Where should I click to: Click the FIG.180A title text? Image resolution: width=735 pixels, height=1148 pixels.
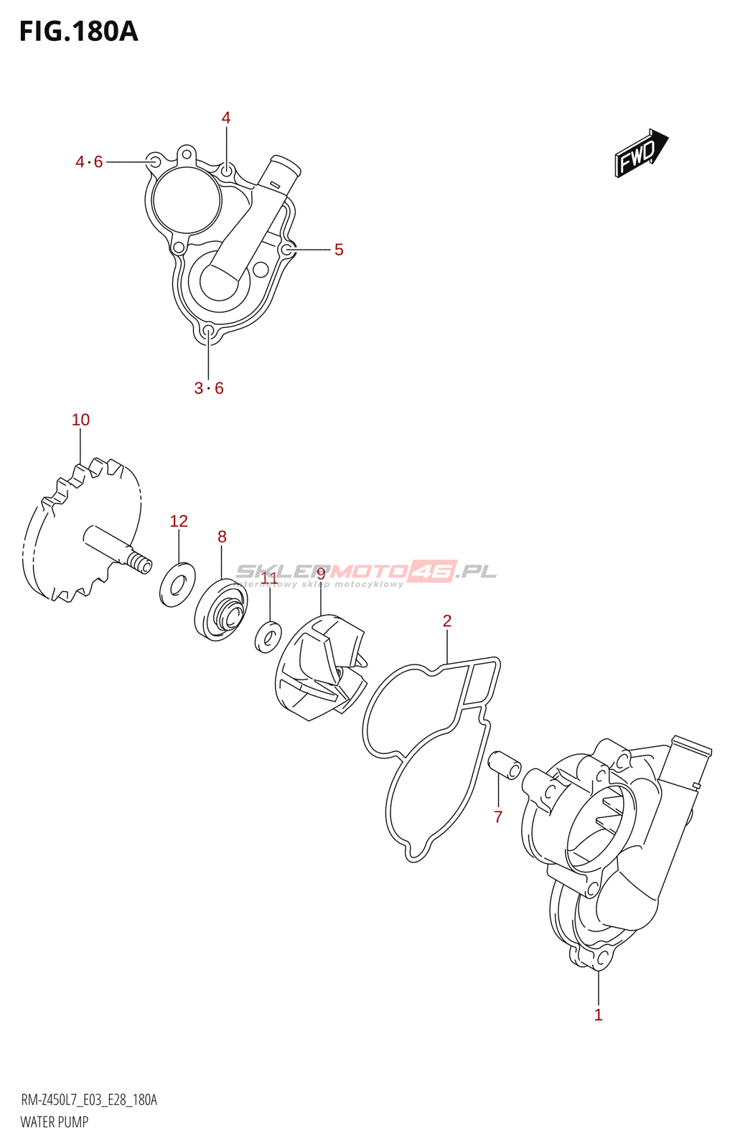(78, 32)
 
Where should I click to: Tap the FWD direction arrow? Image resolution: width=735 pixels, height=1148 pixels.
(641, 153)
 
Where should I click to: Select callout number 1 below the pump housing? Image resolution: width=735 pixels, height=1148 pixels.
(598, 1015)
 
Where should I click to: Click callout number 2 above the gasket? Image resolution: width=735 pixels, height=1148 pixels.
(447, 621)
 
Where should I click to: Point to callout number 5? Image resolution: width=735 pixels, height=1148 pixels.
(339, 250)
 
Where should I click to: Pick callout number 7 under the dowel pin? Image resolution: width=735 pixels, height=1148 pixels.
(498, 817)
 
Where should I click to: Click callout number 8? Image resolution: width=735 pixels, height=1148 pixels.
(222, 537)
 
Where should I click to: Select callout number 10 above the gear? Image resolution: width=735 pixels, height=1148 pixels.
(80, 420)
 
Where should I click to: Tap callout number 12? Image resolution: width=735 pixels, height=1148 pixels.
(179, 522)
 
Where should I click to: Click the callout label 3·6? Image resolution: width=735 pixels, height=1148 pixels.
(209, 388)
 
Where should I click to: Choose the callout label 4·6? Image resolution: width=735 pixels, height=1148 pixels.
(90, 162)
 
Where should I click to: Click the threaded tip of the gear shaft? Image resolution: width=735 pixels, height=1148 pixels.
(140, 565)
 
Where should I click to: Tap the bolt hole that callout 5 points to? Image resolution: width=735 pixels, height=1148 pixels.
(287, 250)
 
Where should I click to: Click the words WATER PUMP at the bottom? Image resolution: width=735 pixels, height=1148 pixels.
(55, 1122)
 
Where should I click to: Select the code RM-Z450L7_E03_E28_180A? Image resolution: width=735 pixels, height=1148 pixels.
(89, 1101)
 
